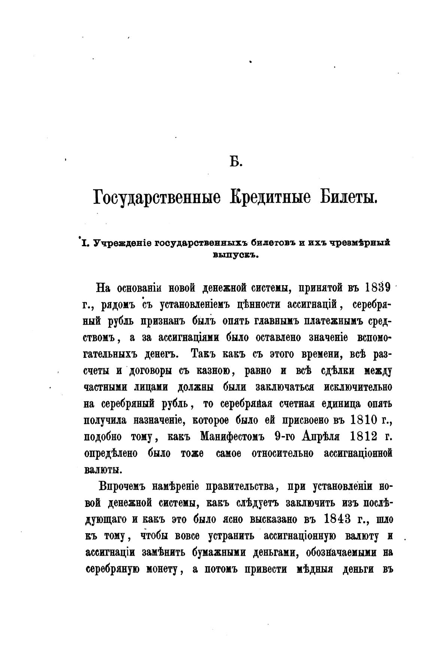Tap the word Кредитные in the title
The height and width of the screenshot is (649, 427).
click(x=270, y=197)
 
